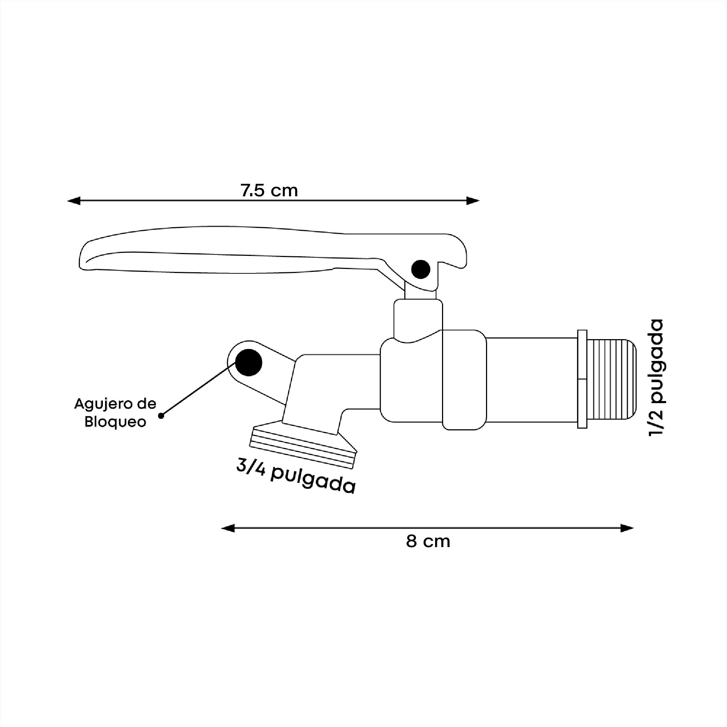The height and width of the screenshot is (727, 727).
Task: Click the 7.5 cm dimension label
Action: click(x=269, y=190)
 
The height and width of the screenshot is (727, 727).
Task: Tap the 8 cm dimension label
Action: click(x=428, y=542)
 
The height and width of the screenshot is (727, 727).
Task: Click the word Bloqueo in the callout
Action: click(x=115, y=422)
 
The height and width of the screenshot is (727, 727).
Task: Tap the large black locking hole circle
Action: click(x=248, y=362)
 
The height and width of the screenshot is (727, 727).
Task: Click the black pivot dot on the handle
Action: click(x=420, y=269)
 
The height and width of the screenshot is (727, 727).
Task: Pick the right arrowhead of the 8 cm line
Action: click(x=627, y=528)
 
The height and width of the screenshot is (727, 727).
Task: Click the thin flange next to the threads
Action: click(x=582, y=379)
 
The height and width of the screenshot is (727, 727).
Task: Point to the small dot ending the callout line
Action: click(x=161, y=416)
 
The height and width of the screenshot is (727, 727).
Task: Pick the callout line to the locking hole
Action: click(x=196, y=391)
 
